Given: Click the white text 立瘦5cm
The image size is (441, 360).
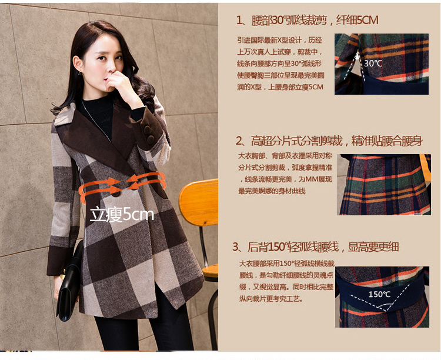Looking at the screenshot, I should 122,215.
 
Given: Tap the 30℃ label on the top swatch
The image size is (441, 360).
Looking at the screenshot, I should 373,62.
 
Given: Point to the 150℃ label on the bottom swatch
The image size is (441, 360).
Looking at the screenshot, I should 379,294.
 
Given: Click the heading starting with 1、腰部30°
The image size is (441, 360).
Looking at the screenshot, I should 307,21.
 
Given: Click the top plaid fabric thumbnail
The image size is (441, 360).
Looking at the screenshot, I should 382,64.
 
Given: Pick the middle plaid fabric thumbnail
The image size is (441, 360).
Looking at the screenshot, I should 385,185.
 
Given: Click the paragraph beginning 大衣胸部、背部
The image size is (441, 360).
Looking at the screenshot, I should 280,175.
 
